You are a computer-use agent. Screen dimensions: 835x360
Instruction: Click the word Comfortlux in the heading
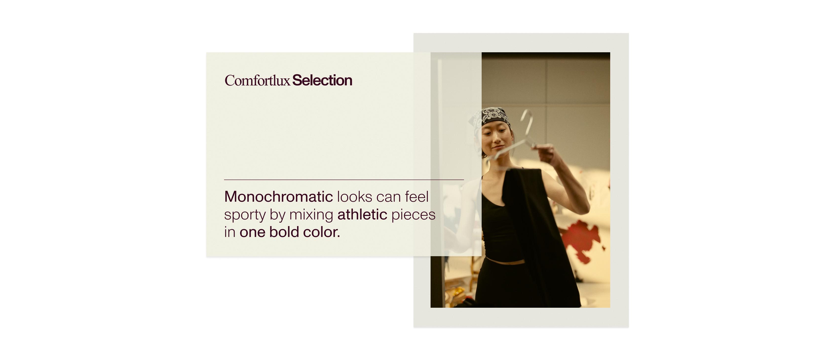click(x=257, y=80)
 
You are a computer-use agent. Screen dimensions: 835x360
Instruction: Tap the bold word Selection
click(x=322, y=80)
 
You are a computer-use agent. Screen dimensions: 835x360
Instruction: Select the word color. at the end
click(x=322, y=232)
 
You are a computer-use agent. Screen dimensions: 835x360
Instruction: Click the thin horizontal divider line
click(x=344, y=180)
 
